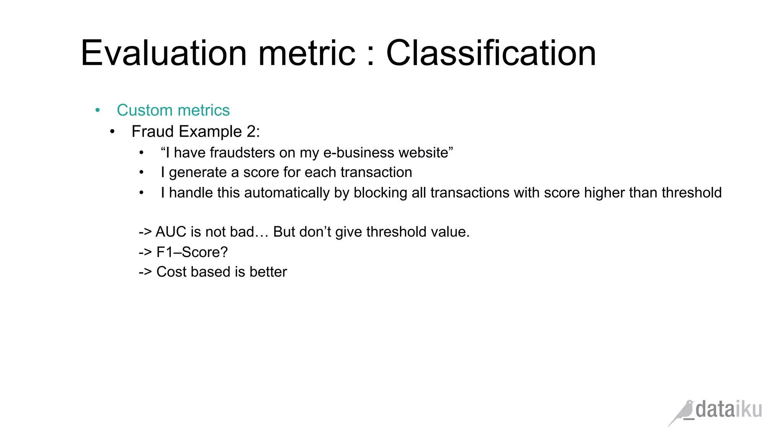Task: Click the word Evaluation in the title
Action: coord(164,53)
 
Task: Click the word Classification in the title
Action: coord(491,53)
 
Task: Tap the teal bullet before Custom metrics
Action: coord(98,111)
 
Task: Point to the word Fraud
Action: coord(153,132)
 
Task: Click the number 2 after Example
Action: coord(251,132)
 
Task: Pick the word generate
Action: coord(198,173)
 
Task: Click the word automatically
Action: coord(287,193)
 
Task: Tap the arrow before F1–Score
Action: coord(145,252)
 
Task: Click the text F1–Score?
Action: coord(192,252)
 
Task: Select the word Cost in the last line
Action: coord(171,272)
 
